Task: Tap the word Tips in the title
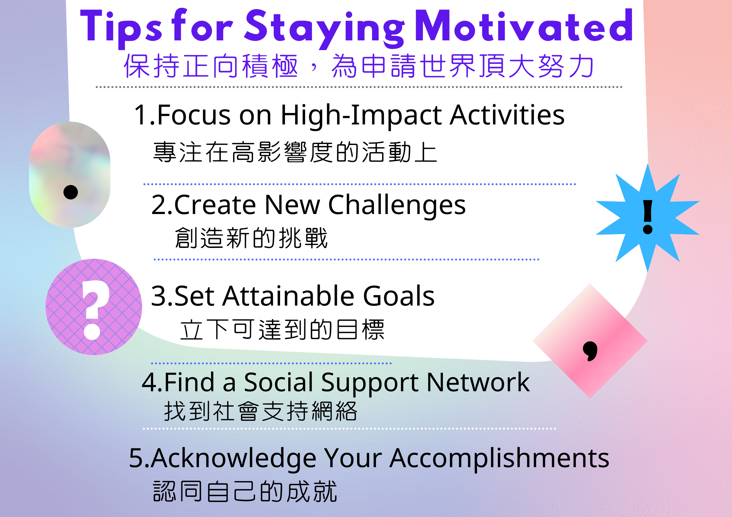121,29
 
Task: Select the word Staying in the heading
325,29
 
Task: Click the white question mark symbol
95,310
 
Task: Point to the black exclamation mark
648,217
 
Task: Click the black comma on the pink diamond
590,351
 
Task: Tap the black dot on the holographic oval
71,192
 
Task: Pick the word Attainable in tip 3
288,296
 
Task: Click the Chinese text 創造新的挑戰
251,238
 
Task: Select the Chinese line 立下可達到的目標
282,330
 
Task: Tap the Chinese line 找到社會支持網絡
261,411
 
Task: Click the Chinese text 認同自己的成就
245,491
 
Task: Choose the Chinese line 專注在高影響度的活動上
295,152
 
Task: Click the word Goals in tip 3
399,296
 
